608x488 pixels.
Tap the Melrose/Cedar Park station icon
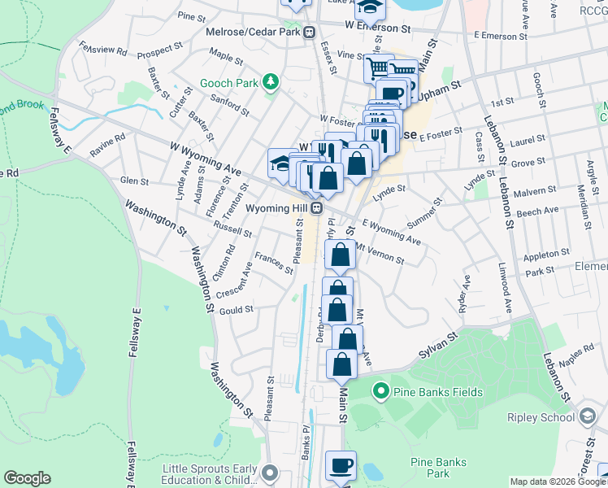[x=309, y=33]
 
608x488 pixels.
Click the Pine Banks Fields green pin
[x=380, y=393]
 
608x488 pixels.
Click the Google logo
[x=27, y=478]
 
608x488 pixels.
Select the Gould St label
[x=237, y=309]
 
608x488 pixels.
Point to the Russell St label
[x=235, y=229]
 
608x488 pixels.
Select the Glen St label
[x=134, y=181]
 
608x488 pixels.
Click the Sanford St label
[x=229, y=105]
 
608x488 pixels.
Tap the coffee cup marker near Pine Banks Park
[x=341, y=465]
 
